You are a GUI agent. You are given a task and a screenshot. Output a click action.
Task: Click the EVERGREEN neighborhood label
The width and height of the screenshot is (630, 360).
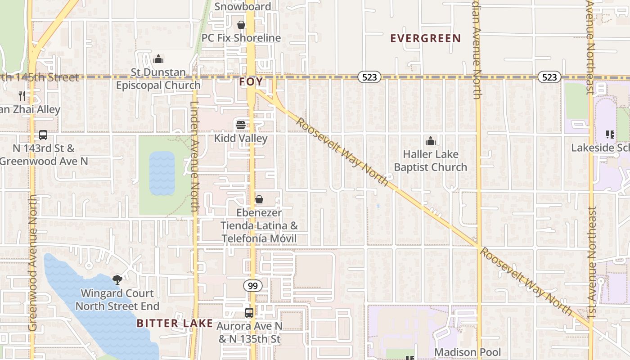(425, 38)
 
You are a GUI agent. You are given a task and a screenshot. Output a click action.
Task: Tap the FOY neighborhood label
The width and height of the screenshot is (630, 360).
(251, 82)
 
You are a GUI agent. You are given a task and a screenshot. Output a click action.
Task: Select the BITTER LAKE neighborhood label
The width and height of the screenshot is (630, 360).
(175, 323)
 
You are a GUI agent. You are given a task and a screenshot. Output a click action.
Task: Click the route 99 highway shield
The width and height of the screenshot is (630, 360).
(253, 285)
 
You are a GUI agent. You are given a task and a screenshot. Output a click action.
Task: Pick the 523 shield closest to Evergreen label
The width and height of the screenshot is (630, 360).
(369, 77)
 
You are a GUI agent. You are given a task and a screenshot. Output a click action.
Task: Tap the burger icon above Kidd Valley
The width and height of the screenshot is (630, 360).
(241, 125)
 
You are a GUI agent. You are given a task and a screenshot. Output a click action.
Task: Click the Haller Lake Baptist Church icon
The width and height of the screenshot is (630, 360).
(431, 141)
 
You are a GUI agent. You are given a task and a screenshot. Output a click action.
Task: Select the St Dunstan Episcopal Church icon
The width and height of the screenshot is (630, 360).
(158, 59)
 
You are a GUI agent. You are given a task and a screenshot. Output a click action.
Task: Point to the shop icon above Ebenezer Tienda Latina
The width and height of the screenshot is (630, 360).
(259, 199)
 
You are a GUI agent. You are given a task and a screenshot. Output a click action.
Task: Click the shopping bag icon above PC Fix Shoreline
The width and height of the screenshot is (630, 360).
(241, 25)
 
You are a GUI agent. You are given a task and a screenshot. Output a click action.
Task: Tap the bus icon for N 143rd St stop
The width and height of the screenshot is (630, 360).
(43, 135)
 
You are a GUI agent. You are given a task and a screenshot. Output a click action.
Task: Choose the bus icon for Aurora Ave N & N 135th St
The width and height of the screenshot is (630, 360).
(249, 312)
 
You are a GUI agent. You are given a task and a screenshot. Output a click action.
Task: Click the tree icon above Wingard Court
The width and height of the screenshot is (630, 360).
(117, 280)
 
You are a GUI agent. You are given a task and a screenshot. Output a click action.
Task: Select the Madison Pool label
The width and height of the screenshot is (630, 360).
(467, 352)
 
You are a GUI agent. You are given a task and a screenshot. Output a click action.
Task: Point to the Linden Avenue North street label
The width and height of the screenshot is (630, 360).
(194, 157)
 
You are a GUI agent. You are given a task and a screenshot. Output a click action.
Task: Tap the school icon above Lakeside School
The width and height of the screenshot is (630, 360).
(610, 134)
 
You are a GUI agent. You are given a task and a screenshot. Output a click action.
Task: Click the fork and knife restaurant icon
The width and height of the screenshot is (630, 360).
(22, 95)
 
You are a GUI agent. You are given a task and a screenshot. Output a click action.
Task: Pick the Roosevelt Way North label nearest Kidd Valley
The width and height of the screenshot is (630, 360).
(342, 152)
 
